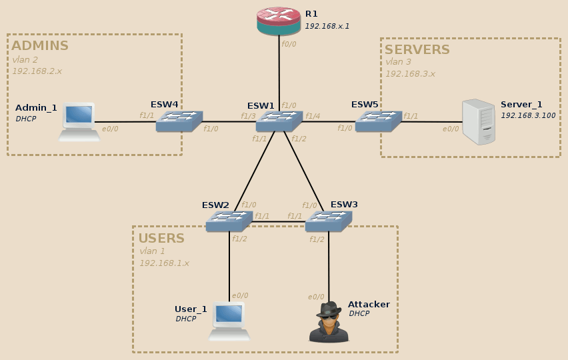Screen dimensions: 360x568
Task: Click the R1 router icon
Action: click(279, 21)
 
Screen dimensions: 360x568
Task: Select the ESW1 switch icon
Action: click(279, 121)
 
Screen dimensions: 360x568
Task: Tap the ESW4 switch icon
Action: click(179, 121)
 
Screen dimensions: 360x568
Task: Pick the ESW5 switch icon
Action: click(378, 121)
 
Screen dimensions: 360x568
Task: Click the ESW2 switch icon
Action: click(229, 221)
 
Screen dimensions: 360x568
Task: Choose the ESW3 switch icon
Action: click(328, 221)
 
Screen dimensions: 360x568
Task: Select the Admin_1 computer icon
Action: click(79, 122)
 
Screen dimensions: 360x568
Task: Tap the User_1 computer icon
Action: click(229, 321)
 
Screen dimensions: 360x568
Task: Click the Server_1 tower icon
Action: click(479, 122)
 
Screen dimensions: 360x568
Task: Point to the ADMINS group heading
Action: click(40, 46)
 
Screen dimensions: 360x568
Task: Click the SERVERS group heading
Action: click(417, 50)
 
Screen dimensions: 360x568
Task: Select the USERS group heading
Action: click(161, 239)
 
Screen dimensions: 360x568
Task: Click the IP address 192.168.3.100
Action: click(528, 115)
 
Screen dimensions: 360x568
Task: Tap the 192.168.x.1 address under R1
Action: click(327, 26)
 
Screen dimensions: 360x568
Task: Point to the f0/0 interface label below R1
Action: click(289, 43)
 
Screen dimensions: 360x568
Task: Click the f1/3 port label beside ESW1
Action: click(248, 116)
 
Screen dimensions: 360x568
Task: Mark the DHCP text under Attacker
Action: click(359, 313)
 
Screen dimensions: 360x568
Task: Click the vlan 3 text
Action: click(399, 62)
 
